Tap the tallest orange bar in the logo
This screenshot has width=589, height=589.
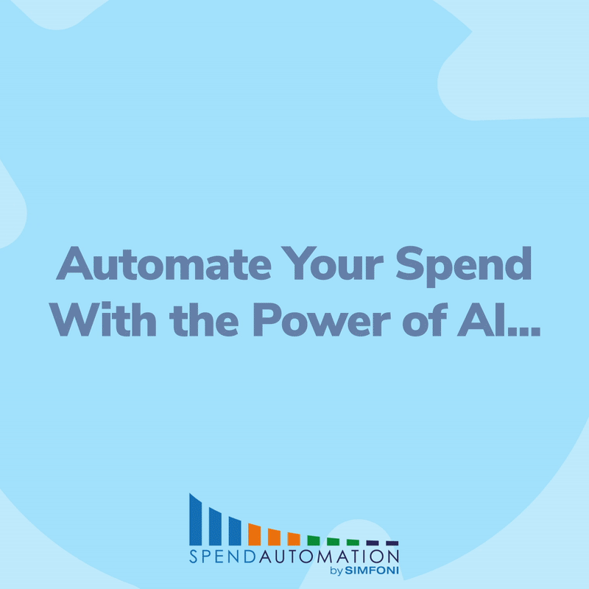(255, 534)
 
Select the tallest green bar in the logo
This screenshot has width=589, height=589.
(314, 540)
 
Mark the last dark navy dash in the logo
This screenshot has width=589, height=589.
(392, 543)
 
